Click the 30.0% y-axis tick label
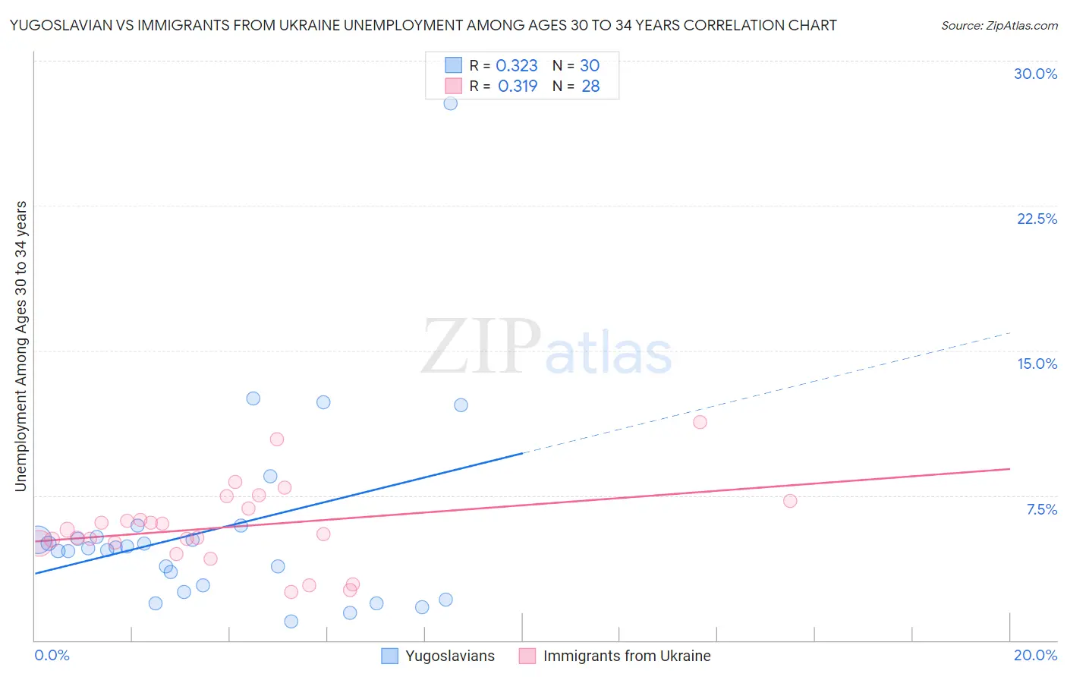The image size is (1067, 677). (1035, 74)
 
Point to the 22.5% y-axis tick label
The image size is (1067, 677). (1037, 219)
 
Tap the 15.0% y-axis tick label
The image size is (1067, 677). (1037, 364)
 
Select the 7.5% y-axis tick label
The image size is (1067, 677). (1041, 509)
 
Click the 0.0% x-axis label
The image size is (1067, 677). (52, 655)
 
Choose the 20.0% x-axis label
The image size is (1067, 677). (1035, 655)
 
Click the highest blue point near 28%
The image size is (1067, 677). (450, 103)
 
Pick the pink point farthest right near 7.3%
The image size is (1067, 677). (790, 501)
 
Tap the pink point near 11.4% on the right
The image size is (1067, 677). (700, 422)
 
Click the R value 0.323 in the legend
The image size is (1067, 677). (516, 66)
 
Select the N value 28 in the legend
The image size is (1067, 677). (590, 87)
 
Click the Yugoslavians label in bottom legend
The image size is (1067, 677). (449, 656)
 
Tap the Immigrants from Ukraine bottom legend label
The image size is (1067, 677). (627, 656)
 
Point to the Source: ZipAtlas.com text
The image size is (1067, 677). (999, 25)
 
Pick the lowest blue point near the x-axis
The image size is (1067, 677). (291, 622)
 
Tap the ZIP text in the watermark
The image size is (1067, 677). (480, 348)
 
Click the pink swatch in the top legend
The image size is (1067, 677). (453, 86)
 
